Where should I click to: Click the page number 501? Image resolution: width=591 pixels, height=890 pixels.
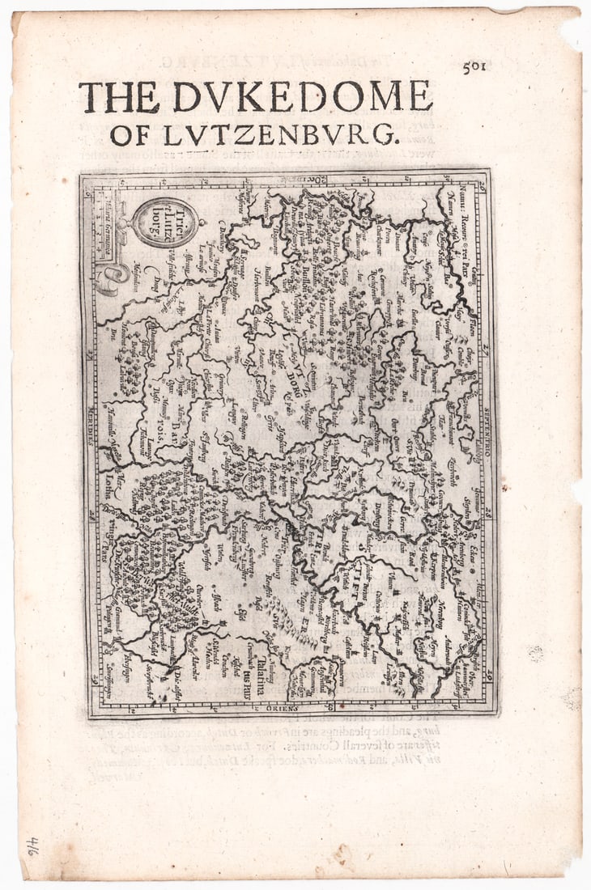(x=474, y=68)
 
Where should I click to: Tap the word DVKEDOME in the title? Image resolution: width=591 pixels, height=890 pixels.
(x=302, y=97)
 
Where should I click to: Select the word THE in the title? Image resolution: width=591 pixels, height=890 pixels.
(x=118, y=98)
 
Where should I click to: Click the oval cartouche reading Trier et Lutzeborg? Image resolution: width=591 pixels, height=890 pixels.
(x=165, y=222)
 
